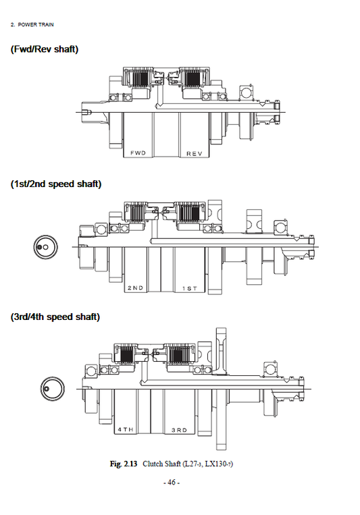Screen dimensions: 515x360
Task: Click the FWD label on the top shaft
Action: [x=138, y=153]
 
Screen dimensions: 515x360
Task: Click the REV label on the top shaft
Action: [x=195, y=153]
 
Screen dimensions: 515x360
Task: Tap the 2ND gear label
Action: [x=136, y=288]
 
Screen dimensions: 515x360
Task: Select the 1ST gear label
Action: [x=189, y=288]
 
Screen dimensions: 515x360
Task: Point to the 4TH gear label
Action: [x=126, y=429]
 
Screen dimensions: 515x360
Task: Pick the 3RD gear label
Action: [x=179, y=429]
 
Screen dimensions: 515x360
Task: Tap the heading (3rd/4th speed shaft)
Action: [x=55, y=317]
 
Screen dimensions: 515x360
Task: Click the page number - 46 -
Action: [x=172, y=483]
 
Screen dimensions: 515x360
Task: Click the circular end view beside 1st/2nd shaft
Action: [x=45, y=248]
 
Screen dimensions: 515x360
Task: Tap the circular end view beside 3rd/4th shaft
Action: [x=50, y=389]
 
